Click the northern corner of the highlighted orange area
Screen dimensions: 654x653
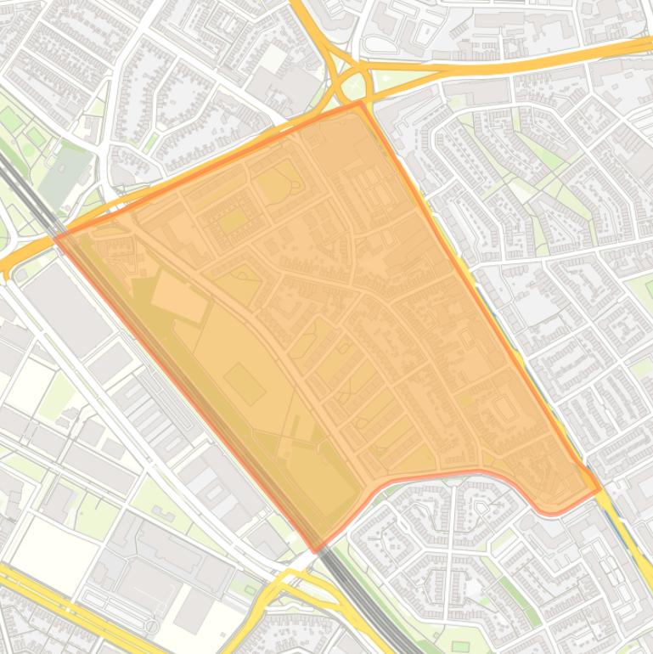(x=363, y=103)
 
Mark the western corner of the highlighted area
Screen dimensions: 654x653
(x=56, y=238)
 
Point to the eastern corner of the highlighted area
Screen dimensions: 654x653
(x=600, y=489)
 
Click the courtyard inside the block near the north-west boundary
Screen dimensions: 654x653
(x=232, y=222)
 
